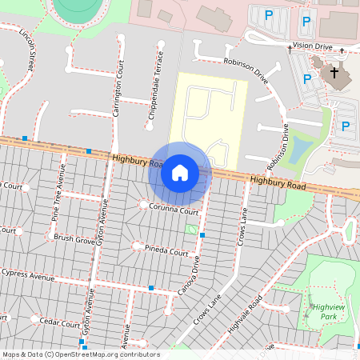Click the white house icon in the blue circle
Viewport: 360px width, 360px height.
(180, 172)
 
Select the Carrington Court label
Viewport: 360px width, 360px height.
(118, 88)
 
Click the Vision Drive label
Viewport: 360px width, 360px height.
(312, 46)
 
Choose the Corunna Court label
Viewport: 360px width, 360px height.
(174, 211)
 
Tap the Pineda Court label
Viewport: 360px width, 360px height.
(166, 251)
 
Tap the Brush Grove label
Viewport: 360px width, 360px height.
(74, 238)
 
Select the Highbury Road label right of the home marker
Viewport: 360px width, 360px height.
(277, 183)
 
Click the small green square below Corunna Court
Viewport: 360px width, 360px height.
(191, 229)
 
